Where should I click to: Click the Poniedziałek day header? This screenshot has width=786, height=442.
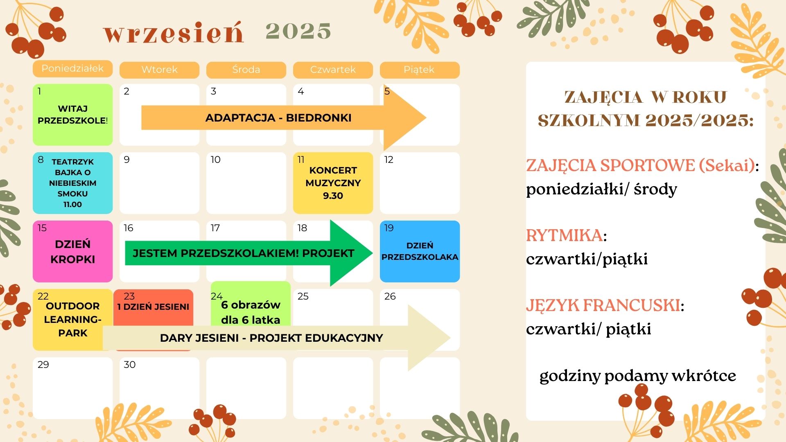pos(72,68)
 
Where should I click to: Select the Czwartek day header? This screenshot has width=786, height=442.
pos(333,70)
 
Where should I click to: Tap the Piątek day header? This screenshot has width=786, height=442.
pos(420,70)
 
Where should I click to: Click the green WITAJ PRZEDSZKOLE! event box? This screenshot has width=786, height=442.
pos(72,115)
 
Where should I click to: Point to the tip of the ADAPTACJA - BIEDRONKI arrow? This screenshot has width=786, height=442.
pos(426,118)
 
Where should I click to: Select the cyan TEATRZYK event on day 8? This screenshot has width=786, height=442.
pos(72,183)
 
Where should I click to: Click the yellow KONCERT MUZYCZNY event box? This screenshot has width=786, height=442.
pos(333,183)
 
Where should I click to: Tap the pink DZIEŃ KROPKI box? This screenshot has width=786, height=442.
pos(72,251)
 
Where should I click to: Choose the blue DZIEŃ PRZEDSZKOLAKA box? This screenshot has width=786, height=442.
pos(420,251)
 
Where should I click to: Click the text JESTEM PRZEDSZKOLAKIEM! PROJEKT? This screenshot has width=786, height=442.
pos(243,253)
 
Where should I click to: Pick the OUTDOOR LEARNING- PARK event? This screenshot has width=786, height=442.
pos(72,320)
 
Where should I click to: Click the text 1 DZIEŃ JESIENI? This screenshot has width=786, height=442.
pos(153,307)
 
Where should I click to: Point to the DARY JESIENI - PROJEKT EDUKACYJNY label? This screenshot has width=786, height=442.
pos(271,338)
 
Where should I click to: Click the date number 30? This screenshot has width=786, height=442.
pos(129,365)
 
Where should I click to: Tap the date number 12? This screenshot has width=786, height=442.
pos(388,160)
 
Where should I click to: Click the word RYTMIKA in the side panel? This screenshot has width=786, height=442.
pos(564,236)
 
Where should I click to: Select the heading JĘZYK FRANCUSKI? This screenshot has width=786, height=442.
pos(603,306)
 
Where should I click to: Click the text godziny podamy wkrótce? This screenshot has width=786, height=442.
pos(637,376)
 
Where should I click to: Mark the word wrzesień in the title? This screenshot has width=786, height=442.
pos(174,33)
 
